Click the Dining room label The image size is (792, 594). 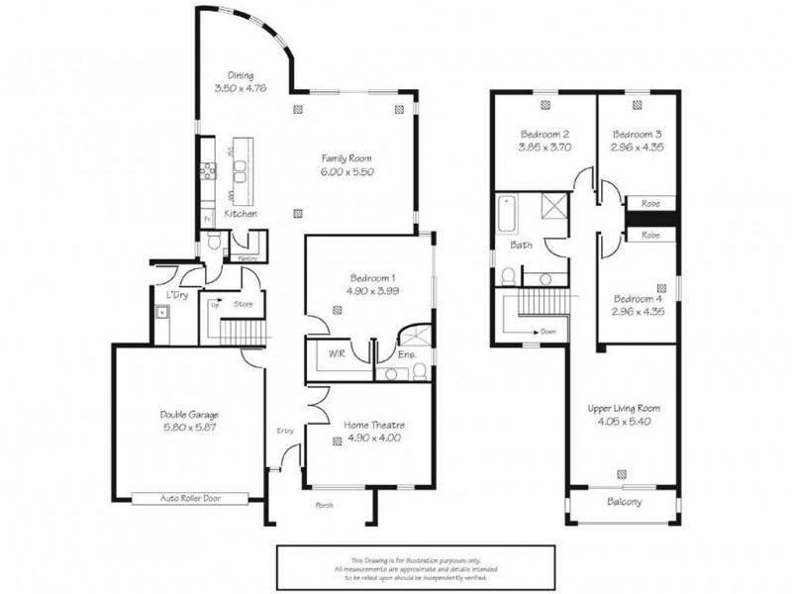[241, 75]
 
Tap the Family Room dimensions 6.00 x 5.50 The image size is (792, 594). [346, 171]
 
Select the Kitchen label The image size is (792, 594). [241, 214]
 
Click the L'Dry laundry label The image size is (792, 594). [177, 295]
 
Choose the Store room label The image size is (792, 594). [244, 305]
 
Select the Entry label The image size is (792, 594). [286, 431]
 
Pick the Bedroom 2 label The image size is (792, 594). [545, 134]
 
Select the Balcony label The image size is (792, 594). [623, 502]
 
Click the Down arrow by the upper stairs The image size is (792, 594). [540, 332]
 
